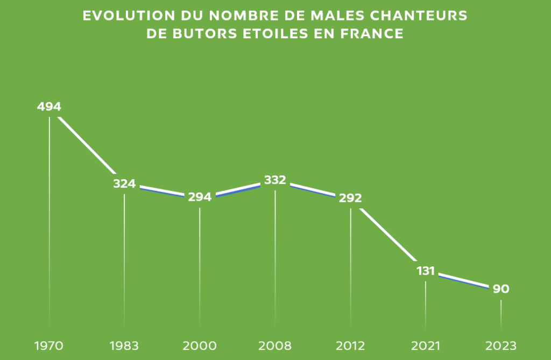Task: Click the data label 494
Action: pyautogui.click(x=49, y=107)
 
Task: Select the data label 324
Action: pyautogui.click(x=124, y=184)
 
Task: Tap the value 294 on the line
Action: pyautogui.click(x=200, y=197)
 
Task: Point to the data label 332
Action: pyautogui.click(x=275, y=180)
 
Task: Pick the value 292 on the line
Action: pyautogui.click(x=350, y=198)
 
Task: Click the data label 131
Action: pyautogui.click(x=426, y=271)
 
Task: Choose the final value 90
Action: pyautogui.click(x=501, y=290)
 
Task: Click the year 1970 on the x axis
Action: pyautogui.click(x=49, y=345)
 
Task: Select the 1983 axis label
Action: pyautogui.click(x=124, y=345)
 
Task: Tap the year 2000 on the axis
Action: pyautogui.click(x=200, y=345)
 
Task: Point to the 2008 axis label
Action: pyautogui.click(x=275, y=345)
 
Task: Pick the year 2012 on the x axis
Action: pyautogui.click(x=350, y=345)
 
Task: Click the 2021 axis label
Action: pyautogui.click(x=426, y=345)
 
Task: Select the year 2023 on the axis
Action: pyautogui.click(x=501, y=345)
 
